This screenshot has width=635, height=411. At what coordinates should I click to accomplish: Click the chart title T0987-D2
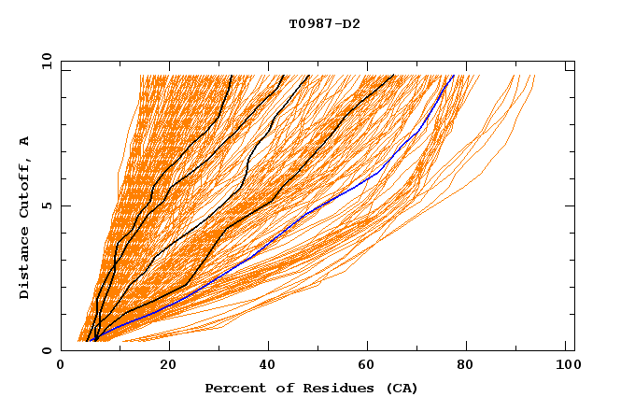click(324, 24)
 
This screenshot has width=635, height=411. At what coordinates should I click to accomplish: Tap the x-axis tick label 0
click(61, 366)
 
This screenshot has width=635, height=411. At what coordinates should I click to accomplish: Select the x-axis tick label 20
click(168, 366)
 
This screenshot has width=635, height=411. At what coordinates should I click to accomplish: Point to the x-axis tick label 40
click(269, 366)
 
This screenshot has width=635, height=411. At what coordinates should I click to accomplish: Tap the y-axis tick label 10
click(46, 61)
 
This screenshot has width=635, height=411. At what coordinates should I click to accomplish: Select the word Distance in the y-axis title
click(25, 262)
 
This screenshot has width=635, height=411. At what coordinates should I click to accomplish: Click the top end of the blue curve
click(454, 76)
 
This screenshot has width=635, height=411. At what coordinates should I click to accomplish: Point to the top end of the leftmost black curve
click(230, 76)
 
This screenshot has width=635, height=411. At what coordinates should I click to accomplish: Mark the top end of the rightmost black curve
click(394, 76)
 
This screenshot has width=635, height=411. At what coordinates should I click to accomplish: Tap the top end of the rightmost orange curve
click(535, 76)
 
